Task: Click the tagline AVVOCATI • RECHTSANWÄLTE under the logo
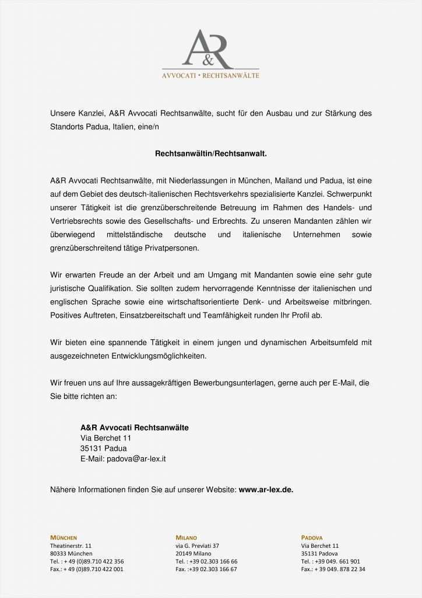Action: point(210,75)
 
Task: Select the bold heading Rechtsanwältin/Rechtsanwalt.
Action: point(210,154)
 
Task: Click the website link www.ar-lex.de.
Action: point(266,489)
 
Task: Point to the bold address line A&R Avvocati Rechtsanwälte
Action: point(135,427)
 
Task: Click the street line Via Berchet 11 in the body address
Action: point(105,438)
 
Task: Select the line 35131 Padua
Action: point(103,448)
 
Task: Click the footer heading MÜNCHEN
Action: point(64,538)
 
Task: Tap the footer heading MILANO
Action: point(187,538)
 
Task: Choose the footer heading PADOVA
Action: point(312,538)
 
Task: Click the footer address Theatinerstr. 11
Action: point(71,545)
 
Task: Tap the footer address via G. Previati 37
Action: point(197,545)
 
